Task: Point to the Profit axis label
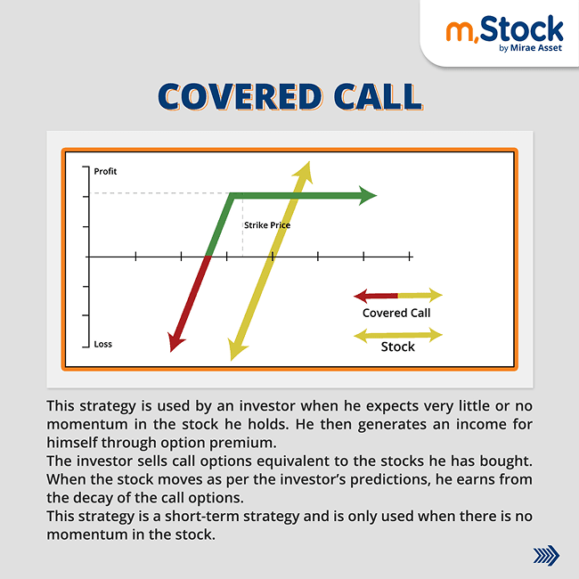[105, 171]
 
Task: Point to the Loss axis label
[103, 344]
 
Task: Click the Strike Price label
[267, 225]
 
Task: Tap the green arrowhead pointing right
[368, 195]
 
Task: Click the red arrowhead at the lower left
[175, 340]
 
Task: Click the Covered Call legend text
[396, 313]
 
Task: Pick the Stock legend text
[397, 347]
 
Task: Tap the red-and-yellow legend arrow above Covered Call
[397, 295]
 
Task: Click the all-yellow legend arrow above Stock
[397, 335]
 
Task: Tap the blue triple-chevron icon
[545, 556]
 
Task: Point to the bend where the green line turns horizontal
[232, 195]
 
